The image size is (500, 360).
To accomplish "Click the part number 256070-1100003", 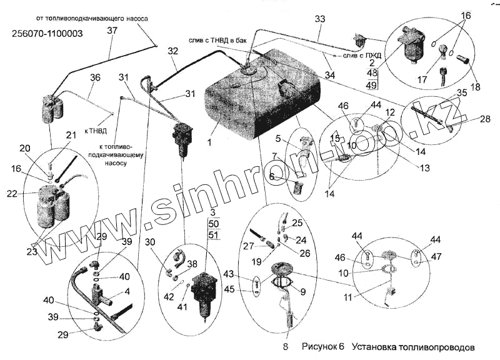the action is click(x=47, y=34).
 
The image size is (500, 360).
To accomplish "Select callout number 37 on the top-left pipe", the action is click(x=112, y=31).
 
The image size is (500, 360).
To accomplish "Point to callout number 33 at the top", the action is click(x=320, y=21).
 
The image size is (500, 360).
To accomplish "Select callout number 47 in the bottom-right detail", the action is click(x=436, y=256).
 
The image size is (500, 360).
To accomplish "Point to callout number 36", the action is click(x=95, y=77).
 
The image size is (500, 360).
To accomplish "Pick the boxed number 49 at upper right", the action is click(x=372, y=85).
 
